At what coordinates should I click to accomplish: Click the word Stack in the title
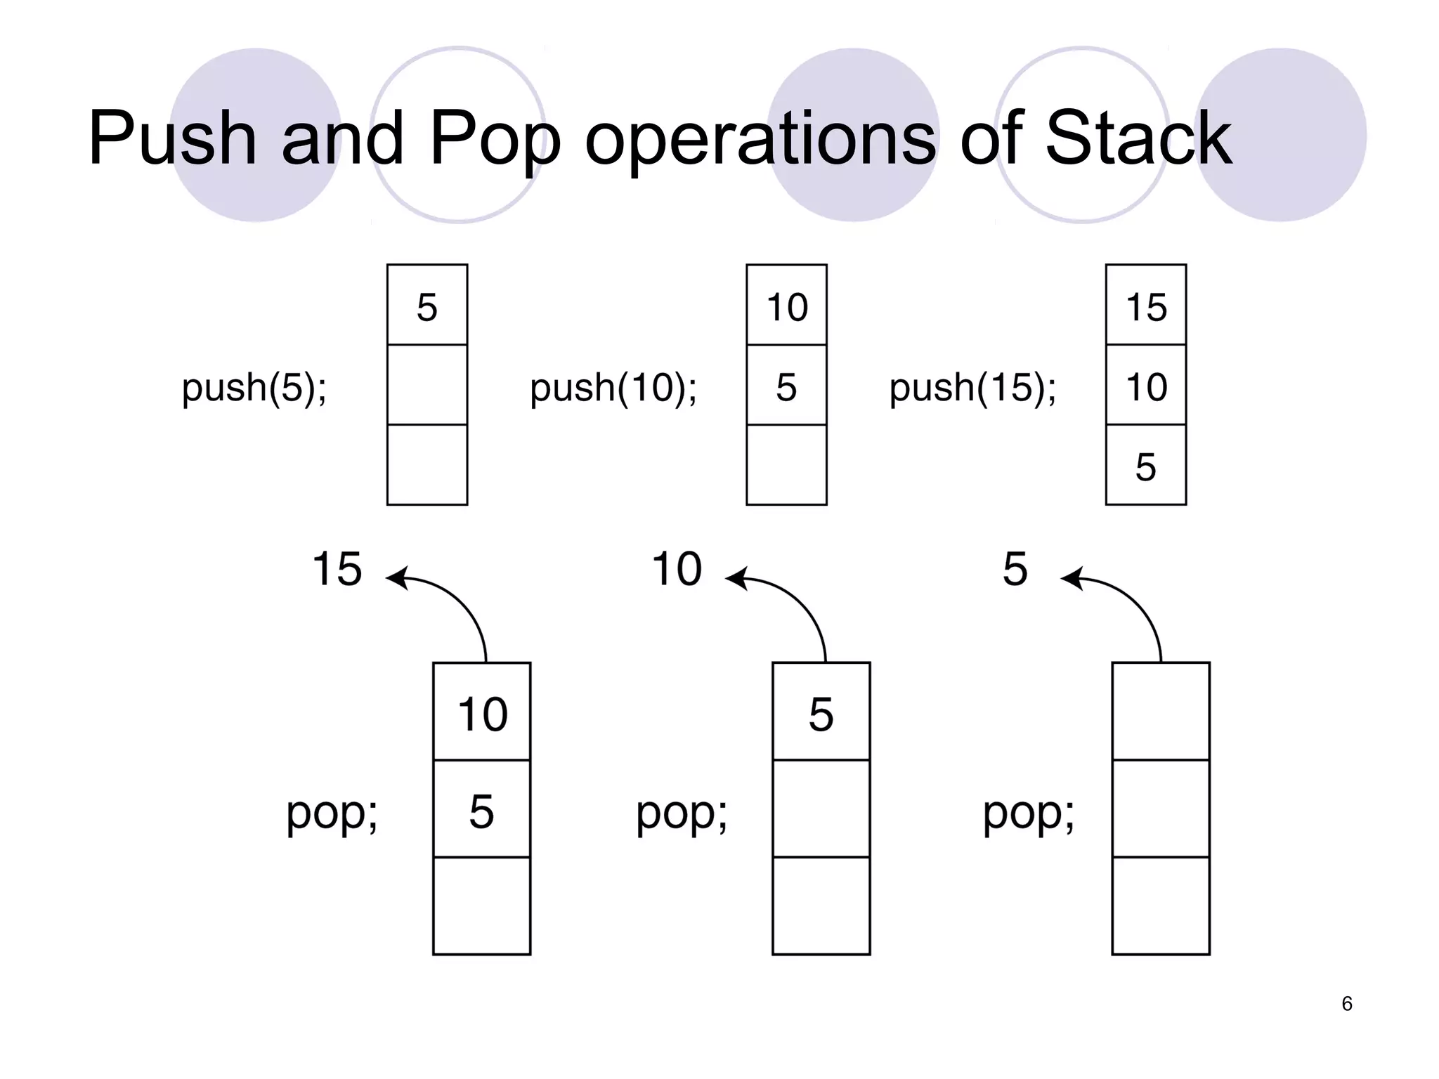[x=1138, y=138]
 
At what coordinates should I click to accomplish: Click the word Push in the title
[x=171, y=138]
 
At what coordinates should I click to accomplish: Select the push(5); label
[x=254, y=387]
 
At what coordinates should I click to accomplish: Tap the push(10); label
[x=613, y=387]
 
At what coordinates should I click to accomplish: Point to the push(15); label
[x=972, y=387]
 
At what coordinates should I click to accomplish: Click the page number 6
[x=1346, y=1004]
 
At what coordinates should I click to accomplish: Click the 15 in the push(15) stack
[x=1146, y=307]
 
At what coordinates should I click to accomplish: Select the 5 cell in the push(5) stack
[x=427, y=307]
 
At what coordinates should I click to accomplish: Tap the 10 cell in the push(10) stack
[x=787, y=307]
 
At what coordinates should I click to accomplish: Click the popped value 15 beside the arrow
[x=337, y=568]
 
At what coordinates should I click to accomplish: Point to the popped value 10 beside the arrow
[x=677, y=568]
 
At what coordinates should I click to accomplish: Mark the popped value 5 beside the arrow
[x=1015, y=568]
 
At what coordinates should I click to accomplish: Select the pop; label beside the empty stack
[x=1028, y=813]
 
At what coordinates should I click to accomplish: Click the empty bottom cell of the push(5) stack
[x=427, y=464]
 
